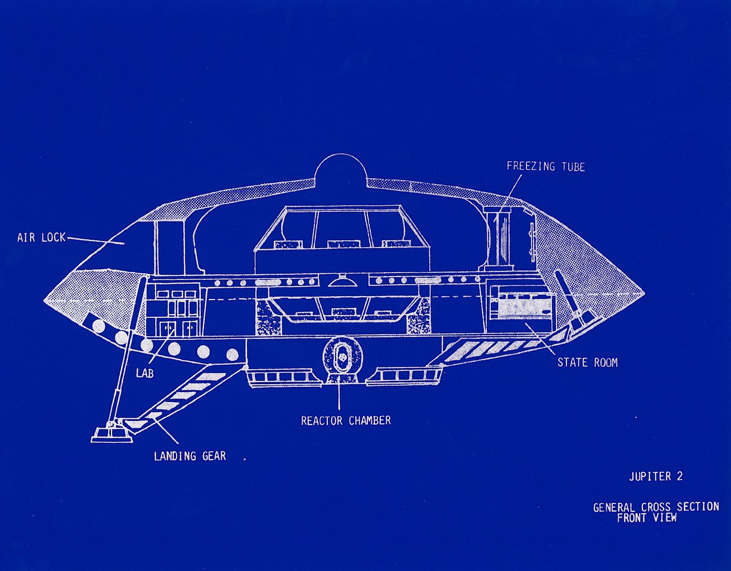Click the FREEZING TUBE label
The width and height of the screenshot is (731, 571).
(x=546, y=167)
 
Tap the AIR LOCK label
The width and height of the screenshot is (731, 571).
(x=42, y=238)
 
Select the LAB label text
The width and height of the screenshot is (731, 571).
(x=145, y=373)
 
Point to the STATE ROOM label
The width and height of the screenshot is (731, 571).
(x=587, y=362)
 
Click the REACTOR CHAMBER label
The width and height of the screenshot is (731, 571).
(x=346, y=420)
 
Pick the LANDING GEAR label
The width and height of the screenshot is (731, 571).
(x=190, y=456)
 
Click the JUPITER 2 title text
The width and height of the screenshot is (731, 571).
(x=656, y=477)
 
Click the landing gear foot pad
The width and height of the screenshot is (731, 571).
(x=111, y=435)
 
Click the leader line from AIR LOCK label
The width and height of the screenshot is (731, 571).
(x=96, y=241)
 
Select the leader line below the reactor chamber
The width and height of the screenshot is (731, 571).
(x=339, y=396)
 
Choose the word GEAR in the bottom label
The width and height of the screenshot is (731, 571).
(x=214, y=456)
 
